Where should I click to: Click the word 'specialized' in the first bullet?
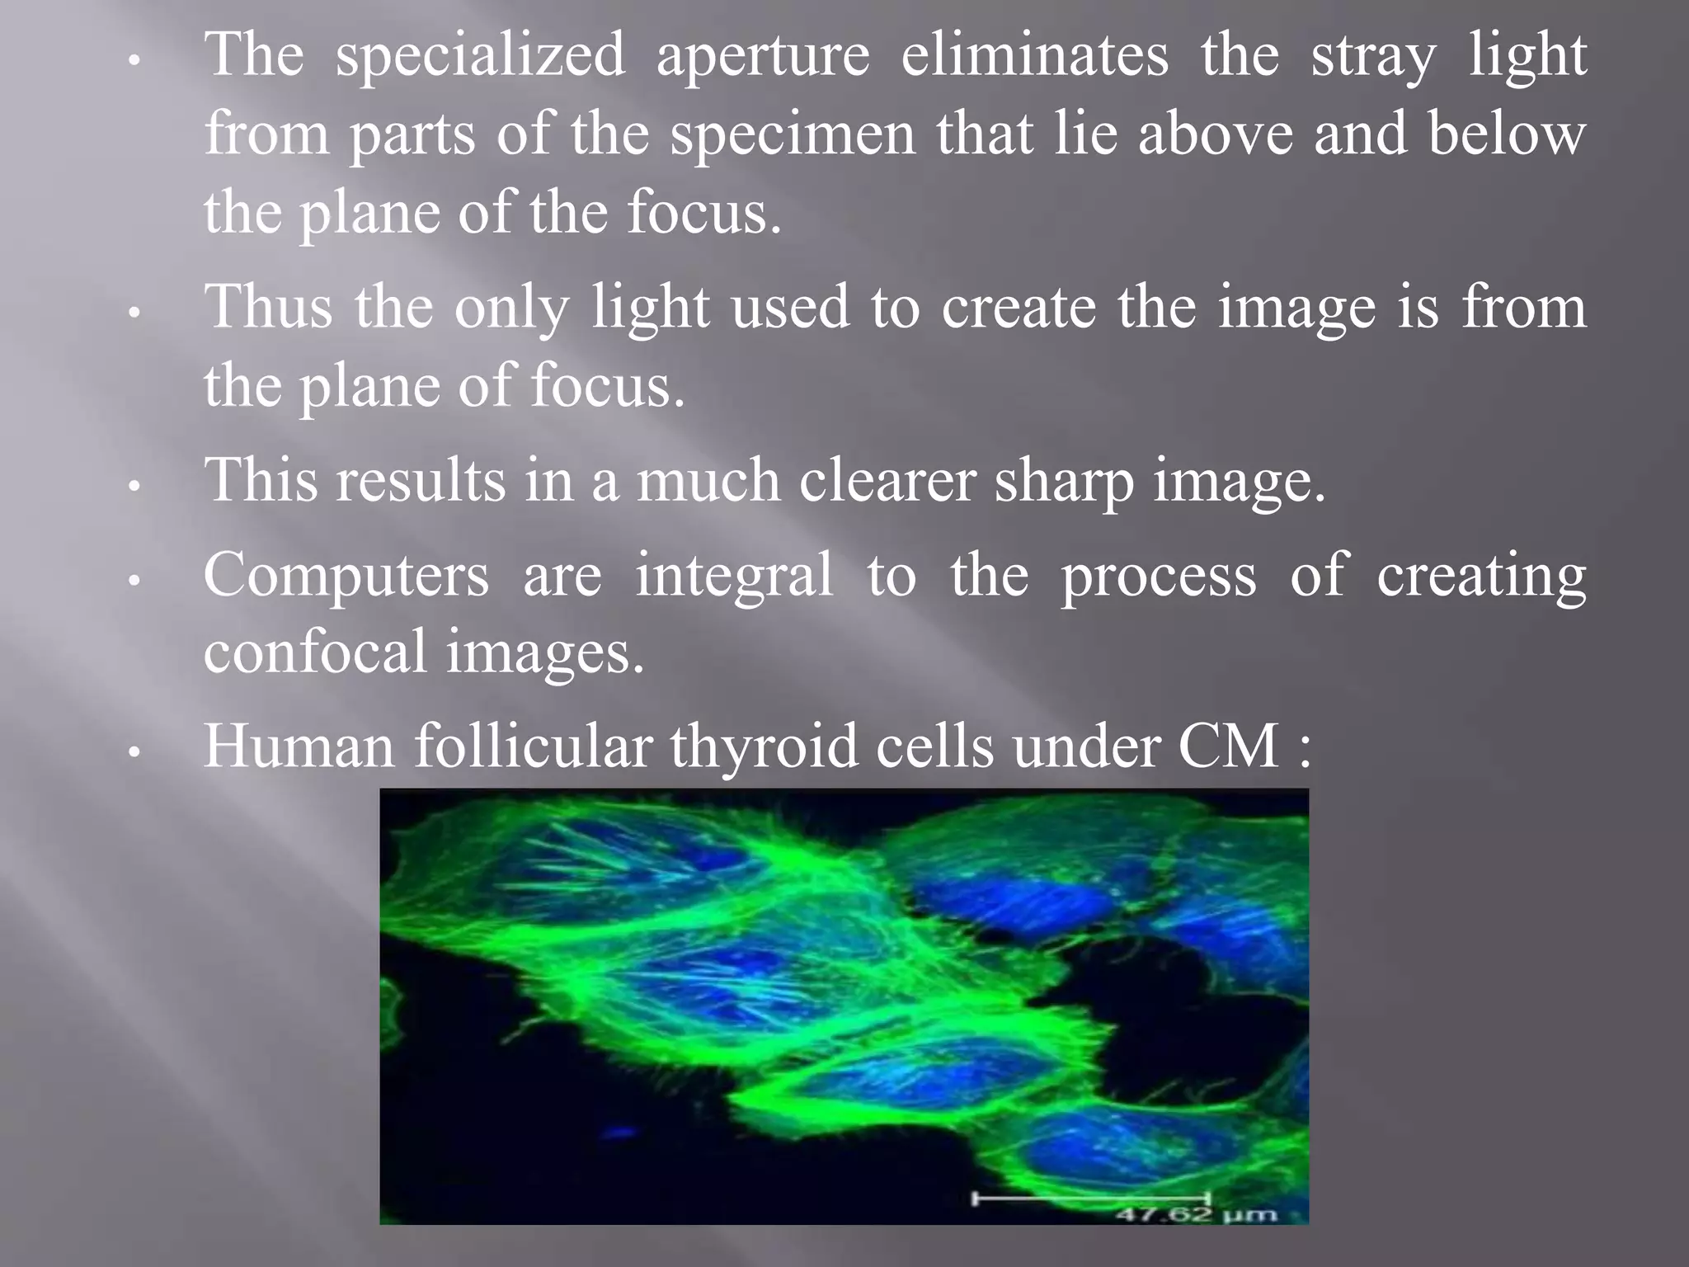click(479, 56)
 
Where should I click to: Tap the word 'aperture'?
click(762, 56)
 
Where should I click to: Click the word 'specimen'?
click(793, 135)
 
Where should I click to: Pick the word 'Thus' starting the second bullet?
click(268, 307)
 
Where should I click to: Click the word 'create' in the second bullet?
click(1019, 307)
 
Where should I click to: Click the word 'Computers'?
click(346, 575)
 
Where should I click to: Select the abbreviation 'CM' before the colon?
click(1228, 746)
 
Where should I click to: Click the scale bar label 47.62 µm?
click(1197, 1214)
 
